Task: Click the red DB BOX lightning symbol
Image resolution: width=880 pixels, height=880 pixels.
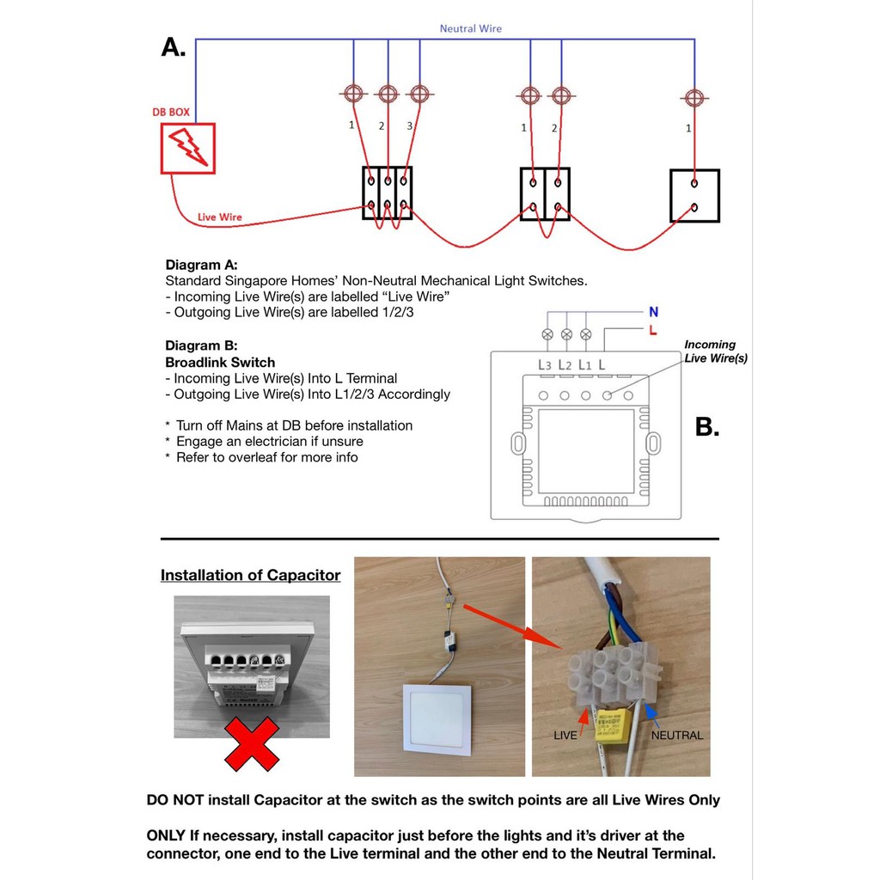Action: coord(187,148)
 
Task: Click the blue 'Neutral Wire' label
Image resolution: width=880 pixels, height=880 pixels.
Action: coord(470,28)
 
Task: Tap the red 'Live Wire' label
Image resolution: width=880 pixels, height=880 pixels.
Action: coord(219,217)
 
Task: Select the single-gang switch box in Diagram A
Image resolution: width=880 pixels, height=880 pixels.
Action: coord(694,196)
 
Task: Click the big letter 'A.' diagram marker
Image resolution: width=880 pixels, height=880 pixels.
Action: coord(174,47)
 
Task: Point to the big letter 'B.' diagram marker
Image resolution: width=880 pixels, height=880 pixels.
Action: coord(706,426)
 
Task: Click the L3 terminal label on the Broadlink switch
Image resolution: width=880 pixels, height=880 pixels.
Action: coord(545,365)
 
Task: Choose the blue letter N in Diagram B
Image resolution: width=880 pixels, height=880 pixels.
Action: coord(653,312)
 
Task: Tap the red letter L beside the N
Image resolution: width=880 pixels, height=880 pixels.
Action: coord(653,330)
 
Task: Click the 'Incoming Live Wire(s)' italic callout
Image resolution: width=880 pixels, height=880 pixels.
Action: coord(715,351)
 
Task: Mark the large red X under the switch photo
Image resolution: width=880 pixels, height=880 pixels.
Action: coord(252,743)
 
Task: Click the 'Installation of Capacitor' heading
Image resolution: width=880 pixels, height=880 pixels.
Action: coord(250,576)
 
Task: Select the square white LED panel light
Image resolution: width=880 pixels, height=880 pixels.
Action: coord(437,721)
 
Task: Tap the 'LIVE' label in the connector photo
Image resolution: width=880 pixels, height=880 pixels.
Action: coord(565,736)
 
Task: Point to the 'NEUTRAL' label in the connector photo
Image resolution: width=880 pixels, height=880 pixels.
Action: coord(676,736)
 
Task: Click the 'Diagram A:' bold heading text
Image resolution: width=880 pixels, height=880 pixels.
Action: coord(201,265)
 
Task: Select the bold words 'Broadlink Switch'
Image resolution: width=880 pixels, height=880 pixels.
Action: coord(220,363)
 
